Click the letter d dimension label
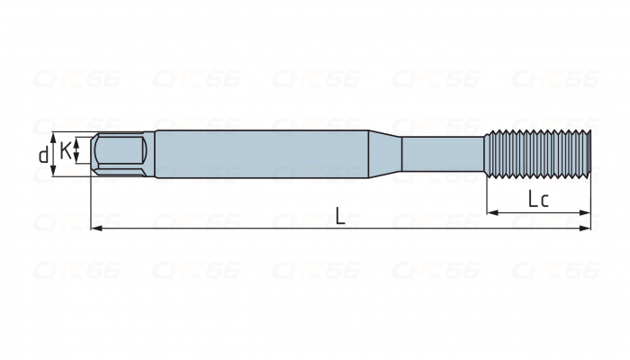coord(43,155)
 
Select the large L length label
coord(338,216)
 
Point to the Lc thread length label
coord(538,200)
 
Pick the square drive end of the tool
coord(121,154)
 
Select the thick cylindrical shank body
coord(261,154)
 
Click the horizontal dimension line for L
coord(225,229)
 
